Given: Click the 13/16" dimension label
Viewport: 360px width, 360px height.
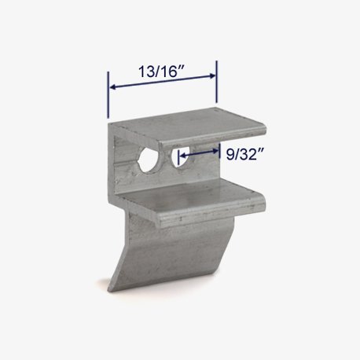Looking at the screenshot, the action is tap(162, 72).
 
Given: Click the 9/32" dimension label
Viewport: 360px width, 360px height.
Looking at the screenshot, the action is tap(244, 154).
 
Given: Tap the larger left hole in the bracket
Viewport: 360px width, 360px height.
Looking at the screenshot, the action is tap(149, 160).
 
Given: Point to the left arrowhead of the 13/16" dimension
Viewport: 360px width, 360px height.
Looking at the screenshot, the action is tap(112, 86).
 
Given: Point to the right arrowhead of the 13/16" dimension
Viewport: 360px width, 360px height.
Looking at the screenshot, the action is tap(212, 75).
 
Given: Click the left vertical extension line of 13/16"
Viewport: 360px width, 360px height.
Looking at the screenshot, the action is tap(108, 95).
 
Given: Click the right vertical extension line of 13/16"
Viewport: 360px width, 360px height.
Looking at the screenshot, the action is tap(216, 82).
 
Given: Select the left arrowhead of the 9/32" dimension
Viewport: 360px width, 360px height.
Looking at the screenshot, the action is tap(182, 155).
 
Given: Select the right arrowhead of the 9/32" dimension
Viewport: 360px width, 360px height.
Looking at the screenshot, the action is tap(215, 151).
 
